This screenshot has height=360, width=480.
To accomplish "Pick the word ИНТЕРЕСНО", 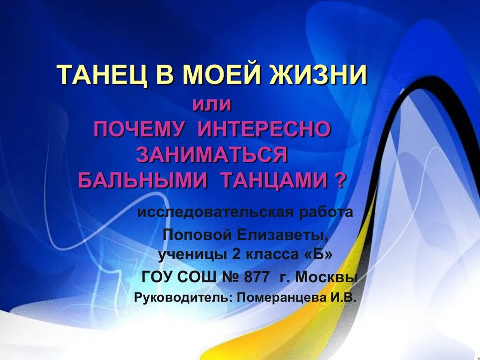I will pos(264,129).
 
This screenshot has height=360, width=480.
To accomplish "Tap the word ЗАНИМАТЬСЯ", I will pos(211,155).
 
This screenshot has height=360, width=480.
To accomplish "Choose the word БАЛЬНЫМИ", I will pos(143,180).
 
